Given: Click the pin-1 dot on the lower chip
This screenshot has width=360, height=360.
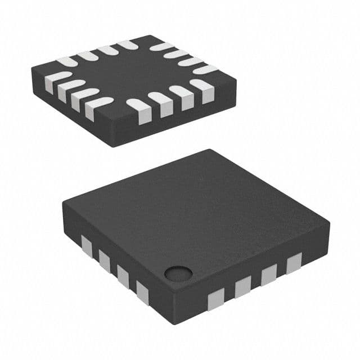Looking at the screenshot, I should pos(178,274).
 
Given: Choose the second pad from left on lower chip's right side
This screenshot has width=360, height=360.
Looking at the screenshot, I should pos(242,286).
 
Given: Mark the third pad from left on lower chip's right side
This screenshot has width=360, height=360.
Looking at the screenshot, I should pos(269,274).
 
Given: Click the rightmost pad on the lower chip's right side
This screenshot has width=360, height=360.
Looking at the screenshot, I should pos(294,262).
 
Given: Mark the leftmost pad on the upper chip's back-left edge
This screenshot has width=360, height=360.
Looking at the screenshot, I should pos(66,61).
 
